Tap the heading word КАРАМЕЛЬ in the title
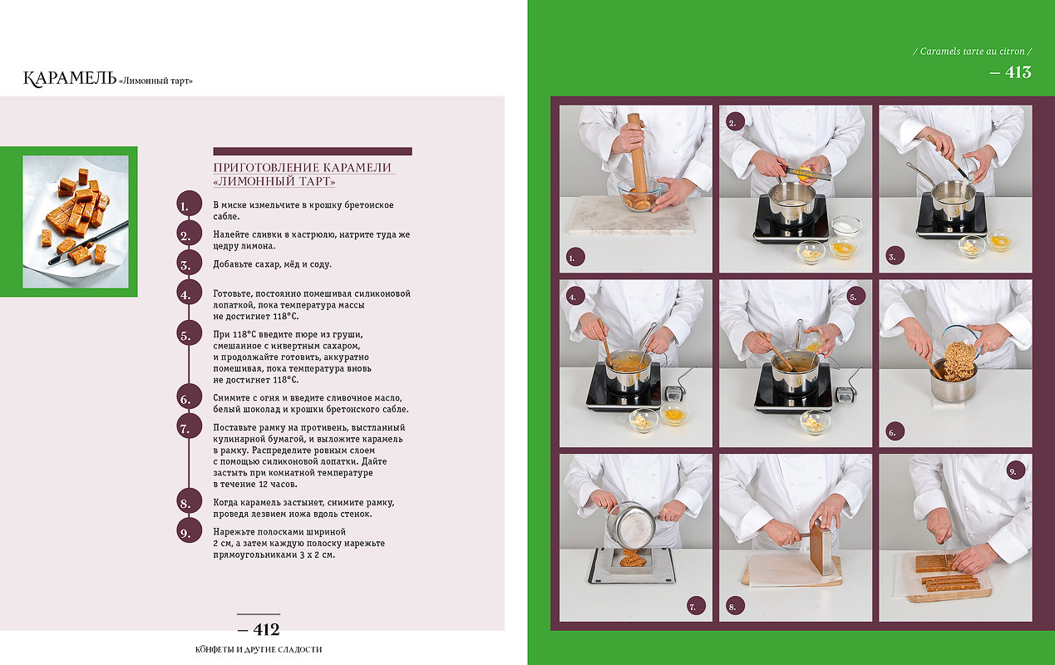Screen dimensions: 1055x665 point(70,78)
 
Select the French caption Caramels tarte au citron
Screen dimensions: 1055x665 point(972,52)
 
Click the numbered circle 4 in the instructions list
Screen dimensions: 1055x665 point(190,294)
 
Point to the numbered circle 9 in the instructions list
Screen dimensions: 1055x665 point(190,533)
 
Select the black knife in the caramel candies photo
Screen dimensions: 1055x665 point(89,243)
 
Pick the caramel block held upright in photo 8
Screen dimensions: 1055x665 point(821,549)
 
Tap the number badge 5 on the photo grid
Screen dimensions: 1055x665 point(854,297)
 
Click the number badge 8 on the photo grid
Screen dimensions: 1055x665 point(732,607)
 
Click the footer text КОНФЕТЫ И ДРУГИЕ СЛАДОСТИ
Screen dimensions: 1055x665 point(259,649)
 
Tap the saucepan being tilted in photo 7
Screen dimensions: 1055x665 point(632,525)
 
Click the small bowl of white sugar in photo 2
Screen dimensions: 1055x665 point(846,225)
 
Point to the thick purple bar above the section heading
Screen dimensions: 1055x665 point(313,151)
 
